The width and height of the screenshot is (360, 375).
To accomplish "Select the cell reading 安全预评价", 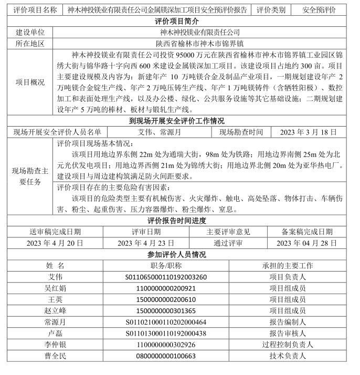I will [x=320, y=10].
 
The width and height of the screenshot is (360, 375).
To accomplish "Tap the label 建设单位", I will [x=30, y=33].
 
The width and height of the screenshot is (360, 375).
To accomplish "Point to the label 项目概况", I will [x=30, y=82].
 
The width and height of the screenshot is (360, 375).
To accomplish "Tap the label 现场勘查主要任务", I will [x=30, y=176].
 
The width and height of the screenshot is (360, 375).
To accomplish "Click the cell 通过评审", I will [x=228, y=243].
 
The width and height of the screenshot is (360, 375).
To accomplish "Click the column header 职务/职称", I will [x=166, y=265].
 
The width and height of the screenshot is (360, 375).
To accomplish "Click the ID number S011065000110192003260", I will [x=166, y=277].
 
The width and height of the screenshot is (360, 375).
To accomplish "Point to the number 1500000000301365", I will [x=166, y=310].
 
